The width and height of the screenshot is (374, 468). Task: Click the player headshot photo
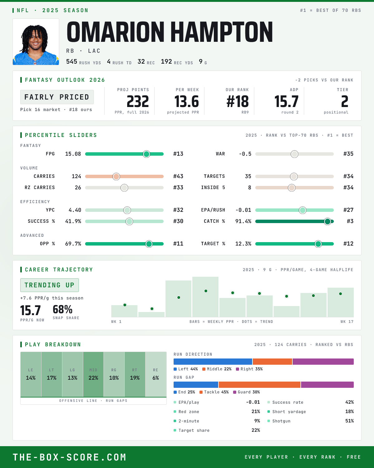click(x=36, y=42)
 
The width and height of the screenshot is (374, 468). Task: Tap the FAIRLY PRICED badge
click(x=57, y=97)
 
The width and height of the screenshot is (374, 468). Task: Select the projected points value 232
click(x=138, y=102)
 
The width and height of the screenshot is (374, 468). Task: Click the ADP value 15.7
click(x=286, y=102)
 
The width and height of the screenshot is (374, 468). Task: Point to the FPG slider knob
click(x=146, y=154)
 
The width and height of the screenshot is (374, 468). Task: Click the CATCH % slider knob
click(x=328, y=222)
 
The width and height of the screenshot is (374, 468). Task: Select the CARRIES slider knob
click(x=116, y=176)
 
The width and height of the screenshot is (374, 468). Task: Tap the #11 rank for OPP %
click(x=178, y=244)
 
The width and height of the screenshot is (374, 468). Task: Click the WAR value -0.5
click(x=245, y=154)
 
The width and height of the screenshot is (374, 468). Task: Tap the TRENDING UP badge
click(x=50, y=285)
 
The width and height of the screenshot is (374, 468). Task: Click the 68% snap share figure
click(x=63, y=310)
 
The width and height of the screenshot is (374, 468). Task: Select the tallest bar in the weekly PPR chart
click(x=205, y=297)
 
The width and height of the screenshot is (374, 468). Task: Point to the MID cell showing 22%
click(x=93, y=374)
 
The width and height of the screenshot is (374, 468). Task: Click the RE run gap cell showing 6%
click(x=156, y=374)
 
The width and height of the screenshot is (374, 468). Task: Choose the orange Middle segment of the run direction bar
click(x=272, y=362)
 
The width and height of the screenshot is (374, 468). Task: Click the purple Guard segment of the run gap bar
click(x=327, y=385)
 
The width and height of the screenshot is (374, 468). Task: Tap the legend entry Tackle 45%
click(x=214, y=392)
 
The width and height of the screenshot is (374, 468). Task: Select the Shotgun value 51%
click(x=349, y=421)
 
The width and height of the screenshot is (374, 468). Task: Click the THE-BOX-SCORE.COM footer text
click(x=70, y=457)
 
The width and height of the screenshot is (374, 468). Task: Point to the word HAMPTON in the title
click(x=222, y=32)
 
